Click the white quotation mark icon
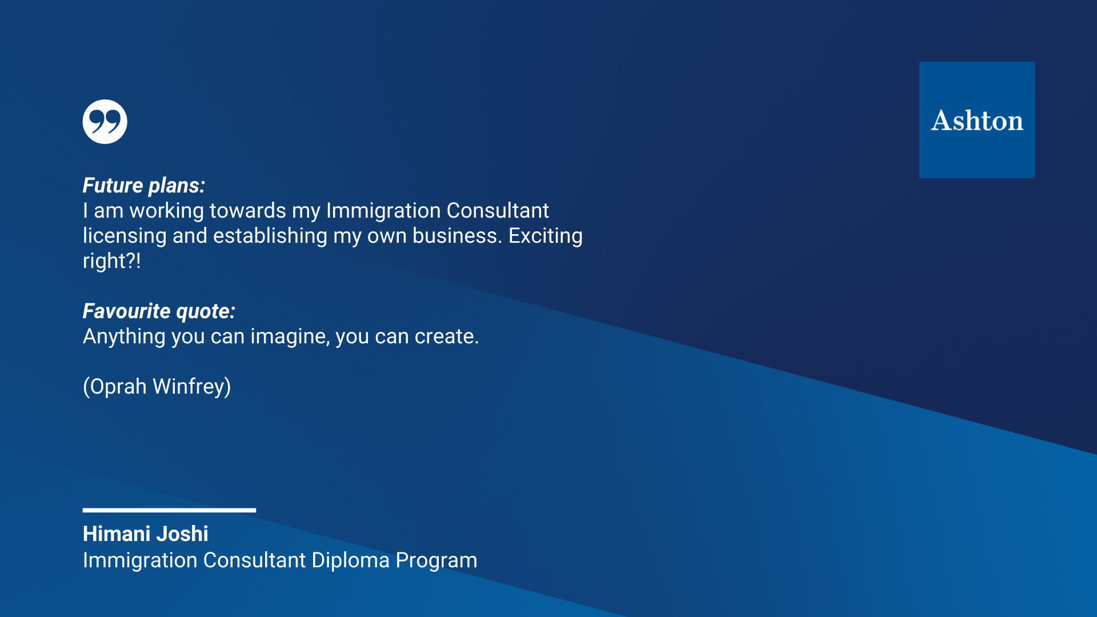(x=105, y=122)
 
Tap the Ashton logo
(x=977, y=120)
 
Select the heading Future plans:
(x=144, y=186)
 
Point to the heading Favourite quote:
(x=159, y=311)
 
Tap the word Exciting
(x=546, y=237)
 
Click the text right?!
(x=111, y=262)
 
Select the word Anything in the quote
(x=124, y=337)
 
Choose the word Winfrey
(x=192, y=387)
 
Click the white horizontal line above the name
(x=169, y=510)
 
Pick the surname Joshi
(x=182, y=534)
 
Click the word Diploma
(x=351, y=561)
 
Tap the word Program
(x=437, y=561)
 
